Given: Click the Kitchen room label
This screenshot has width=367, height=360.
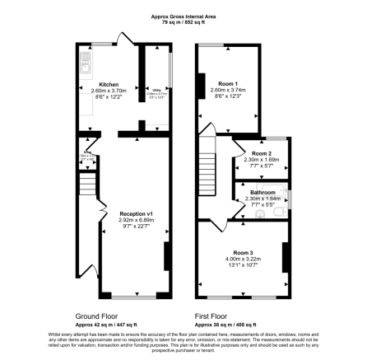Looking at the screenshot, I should pos(108,84).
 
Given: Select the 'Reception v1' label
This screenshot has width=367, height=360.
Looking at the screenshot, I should pos(137,213).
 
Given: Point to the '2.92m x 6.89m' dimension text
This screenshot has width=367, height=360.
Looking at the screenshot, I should pos(137,220).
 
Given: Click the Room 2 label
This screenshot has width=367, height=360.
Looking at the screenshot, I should pos(262,153).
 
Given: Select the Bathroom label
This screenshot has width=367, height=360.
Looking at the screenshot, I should pos(262,192).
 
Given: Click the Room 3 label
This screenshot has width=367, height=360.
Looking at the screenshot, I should pos(243,251).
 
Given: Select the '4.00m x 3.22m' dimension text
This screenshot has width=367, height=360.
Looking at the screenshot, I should pos(243,259).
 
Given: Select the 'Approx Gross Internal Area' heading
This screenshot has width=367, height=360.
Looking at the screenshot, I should pos(183,16).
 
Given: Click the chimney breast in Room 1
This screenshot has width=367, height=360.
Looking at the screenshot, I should pos(201,85).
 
